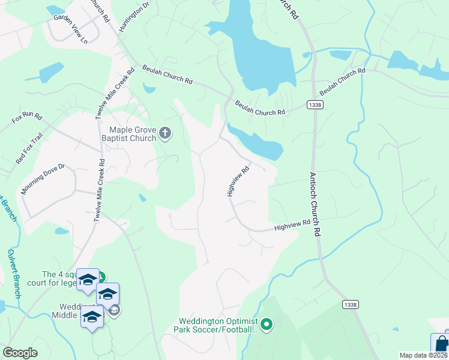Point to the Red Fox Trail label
(29, 149)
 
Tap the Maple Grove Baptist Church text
(133, 134)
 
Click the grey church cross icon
(166, 134)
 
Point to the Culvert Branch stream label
(16, 274)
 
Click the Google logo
(20, 353)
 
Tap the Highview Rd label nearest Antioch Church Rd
(292, 226)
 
